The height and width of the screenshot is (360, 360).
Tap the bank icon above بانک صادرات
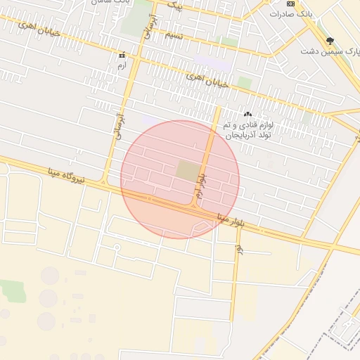click(290, 4)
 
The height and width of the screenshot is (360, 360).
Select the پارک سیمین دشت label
click(328, 51)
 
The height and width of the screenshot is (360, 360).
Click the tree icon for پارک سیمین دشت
click(330, 40)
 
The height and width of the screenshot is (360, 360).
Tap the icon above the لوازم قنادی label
click(247, 114)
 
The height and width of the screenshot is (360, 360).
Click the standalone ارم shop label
click(122, 65)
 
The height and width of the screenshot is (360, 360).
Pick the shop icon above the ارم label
click(122, 54)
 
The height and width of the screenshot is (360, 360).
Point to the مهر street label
click(239, 249)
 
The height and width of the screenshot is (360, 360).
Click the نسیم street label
click(174, 34)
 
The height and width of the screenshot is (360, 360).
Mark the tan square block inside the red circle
click(187, 170)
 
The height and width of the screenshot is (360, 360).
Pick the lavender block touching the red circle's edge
click(150, 121)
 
